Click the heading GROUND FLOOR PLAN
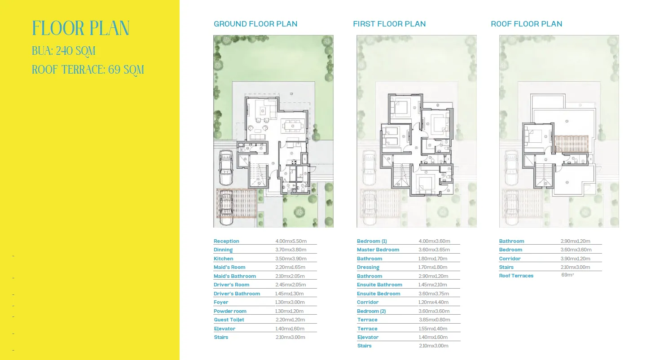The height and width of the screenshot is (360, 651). click(255, 24)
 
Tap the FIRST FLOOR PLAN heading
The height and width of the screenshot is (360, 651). click(389, 24)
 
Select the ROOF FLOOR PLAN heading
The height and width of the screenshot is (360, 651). click(526, 24)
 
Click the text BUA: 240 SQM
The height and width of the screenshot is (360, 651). click(64, 51)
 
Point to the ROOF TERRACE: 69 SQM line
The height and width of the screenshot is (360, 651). click(88, 70)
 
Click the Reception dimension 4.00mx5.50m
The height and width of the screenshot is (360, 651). click(291, 241)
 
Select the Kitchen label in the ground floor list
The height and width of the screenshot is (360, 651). click(223, 259)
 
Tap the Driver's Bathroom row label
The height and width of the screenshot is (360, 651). click(237, 294)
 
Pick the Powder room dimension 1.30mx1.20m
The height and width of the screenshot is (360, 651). click(289, 311)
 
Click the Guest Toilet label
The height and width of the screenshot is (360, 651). click(229, 320)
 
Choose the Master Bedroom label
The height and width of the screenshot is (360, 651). click(378, 250)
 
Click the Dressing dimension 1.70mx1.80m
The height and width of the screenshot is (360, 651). click(433, 268)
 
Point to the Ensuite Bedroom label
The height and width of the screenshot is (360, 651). click(378, 294)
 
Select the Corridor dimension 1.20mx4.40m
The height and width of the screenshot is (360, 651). click(433, 302)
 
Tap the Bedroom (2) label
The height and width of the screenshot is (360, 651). click(371, 311)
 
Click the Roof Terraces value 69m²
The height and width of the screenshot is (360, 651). click(567, 275)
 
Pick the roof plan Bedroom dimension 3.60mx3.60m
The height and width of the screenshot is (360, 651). click(576, 250)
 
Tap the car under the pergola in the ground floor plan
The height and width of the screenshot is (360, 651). click(226, 207)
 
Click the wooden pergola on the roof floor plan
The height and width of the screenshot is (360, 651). click(572, 144)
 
